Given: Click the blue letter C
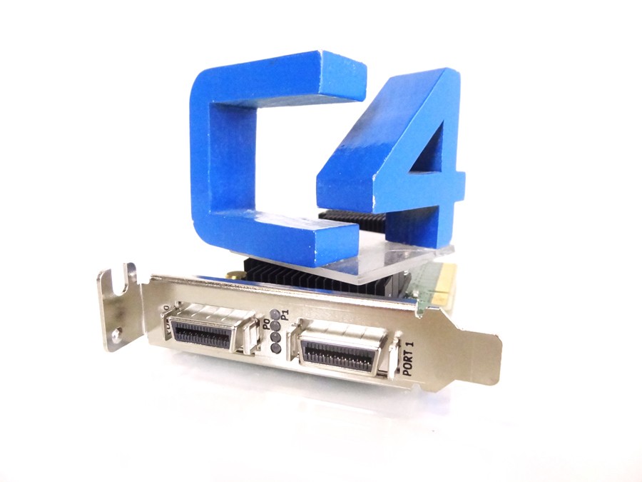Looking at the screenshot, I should (214, 143).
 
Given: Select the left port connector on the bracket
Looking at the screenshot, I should (207, 332).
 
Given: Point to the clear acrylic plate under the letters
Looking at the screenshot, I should (378, 261).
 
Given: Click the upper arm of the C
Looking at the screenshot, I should (285, 75).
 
